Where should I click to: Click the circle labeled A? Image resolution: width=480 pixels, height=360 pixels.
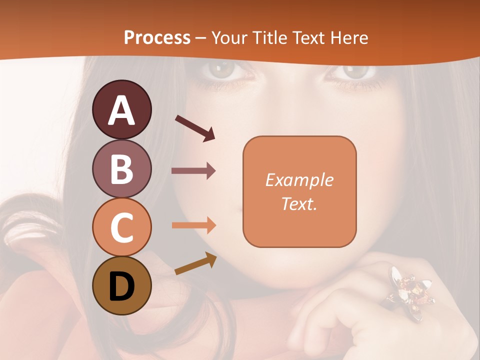[x=122, y=109]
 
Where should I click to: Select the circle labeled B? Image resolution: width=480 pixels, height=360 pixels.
[x=122, y=168]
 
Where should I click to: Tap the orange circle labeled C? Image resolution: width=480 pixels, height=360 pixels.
[x=122, y=227]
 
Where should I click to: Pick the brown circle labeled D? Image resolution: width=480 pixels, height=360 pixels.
[x=122, y=286]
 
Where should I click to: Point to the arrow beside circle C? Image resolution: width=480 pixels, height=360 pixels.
[x=193, y=225]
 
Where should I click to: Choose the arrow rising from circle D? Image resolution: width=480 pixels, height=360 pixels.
[x=195, y=264]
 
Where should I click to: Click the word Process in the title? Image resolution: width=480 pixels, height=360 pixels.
[x=157, y=38]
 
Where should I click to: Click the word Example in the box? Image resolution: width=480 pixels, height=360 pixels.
[x=299, y=180]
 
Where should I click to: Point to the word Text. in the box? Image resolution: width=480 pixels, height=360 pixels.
[x=299, y=203]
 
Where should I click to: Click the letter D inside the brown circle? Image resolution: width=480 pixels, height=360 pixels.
[x=122, y=286]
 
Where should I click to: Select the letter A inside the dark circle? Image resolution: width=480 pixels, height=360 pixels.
[x=122, y=110]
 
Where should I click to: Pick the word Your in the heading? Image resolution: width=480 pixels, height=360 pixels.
[x=230, y=38]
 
